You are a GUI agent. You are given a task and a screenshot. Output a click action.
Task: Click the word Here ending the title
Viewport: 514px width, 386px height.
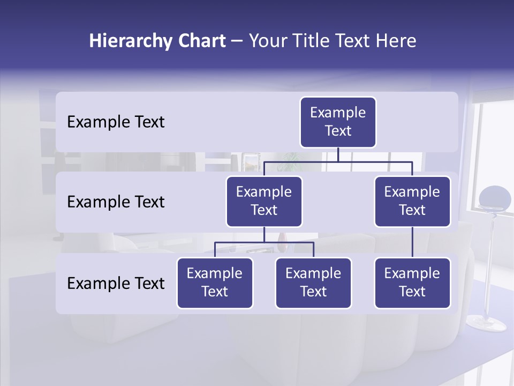point(396,41)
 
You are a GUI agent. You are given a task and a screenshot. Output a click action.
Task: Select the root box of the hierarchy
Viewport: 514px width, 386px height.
point(338,122)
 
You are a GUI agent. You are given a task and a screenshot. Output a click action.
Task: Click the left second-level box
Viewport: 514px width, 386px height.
point(264,202)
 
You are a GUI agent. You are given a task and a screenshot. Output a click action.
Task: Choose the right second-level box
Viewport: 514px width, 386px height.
point(412,202)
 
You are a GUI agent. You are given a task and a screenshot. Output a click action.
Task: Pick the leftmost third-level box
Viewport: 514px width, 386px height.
point(215,283)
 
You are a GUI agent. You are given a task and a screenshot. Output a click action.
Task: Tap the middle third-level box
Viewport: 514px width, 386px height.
point(313,283)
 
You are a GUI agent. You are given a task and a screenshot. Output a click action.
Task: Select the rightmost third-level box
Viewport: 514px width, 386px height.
point(412,283)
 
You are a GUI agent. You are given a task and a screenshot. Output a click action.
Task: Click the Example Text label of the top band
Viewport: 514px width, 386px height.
point(116,122)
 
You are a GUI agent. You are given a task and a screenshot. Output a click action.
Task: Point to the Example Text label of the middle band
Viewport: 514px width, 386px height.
point(116,202)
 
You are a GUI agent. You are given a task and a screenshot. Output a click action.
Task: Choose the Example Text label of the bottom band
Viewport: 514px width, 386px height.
point(116,284)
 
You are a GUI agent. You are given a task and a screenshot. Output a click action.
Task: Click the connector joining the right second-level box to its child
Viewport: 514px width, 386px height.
point(412,242)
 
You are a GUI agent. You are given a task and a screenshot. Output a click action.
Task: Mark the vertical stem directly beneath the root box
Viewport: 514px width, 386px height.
point(338,154)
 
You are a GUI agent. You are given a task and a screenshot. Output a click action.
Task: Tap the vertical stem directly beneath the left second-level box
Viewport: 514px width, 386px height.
point(264,234)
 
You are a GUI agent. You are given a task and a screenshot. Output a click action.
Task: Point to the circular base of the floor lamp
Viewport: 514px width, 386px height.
point(486,323)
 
